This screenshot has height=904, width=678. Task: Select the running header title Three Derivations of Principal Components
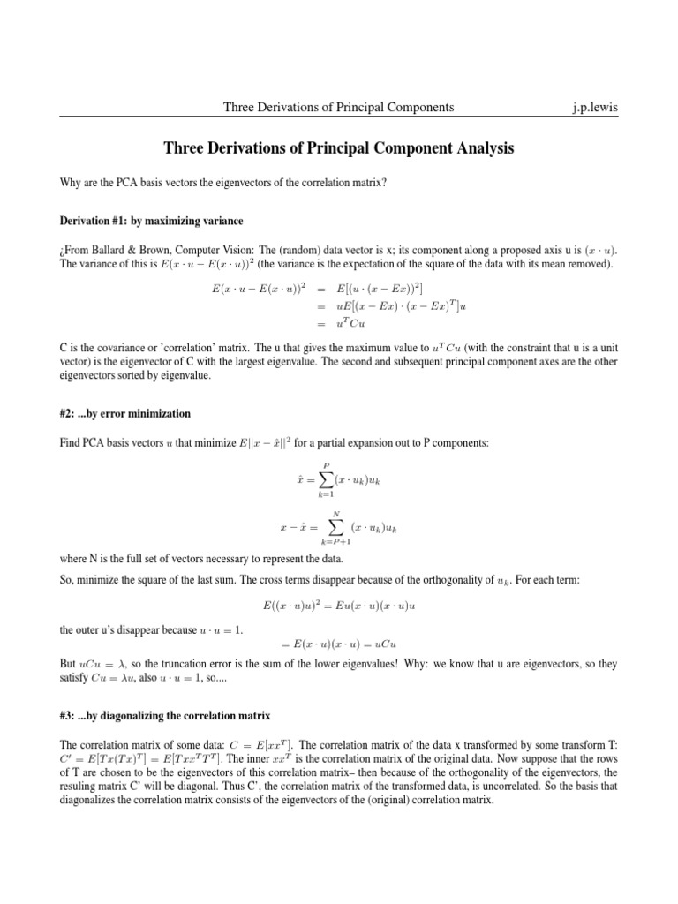tap(339, 107)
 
